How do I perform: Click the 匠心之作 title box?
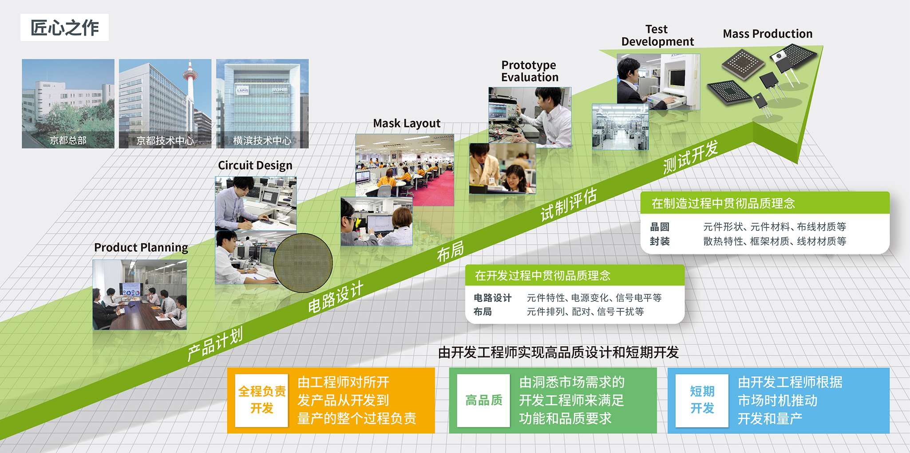click(x=64, y=28)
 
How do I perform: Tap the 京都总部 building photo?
click(x=68, y=103)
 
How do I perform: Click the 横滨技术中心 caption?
click(x=262, y=141)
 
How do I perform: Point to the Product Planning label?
click(x=141, y=247)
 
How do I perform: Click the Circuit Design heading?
click(x=255, y=165)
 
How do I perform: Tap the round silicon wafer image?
click(x=303, y=263)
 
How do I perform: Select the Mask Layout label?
click(x=407, y=123)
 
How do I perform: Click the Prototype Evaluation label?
click(x=530, y=71)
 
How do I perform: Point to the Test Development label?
click(x=657, y=36)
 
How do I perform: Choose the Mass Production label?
click(x=768, y=34)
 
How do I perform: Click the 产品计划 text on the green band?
click(x=215, y=344)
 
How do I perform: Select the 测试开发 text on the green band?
click(x=690, y=157)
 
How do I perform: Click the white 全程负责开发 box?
click(x=262, y=400)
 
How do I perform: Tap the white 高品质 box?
click(x=483, y=400)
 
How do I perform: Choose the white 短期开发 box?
click(x=702, y=400)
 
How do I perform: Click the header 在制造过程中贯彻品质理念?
click(x=723, y=203)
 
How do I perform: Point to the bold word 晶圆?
click(x=660, y=227)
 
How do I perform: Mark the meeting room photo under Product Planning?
click(x=140, y=294)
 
